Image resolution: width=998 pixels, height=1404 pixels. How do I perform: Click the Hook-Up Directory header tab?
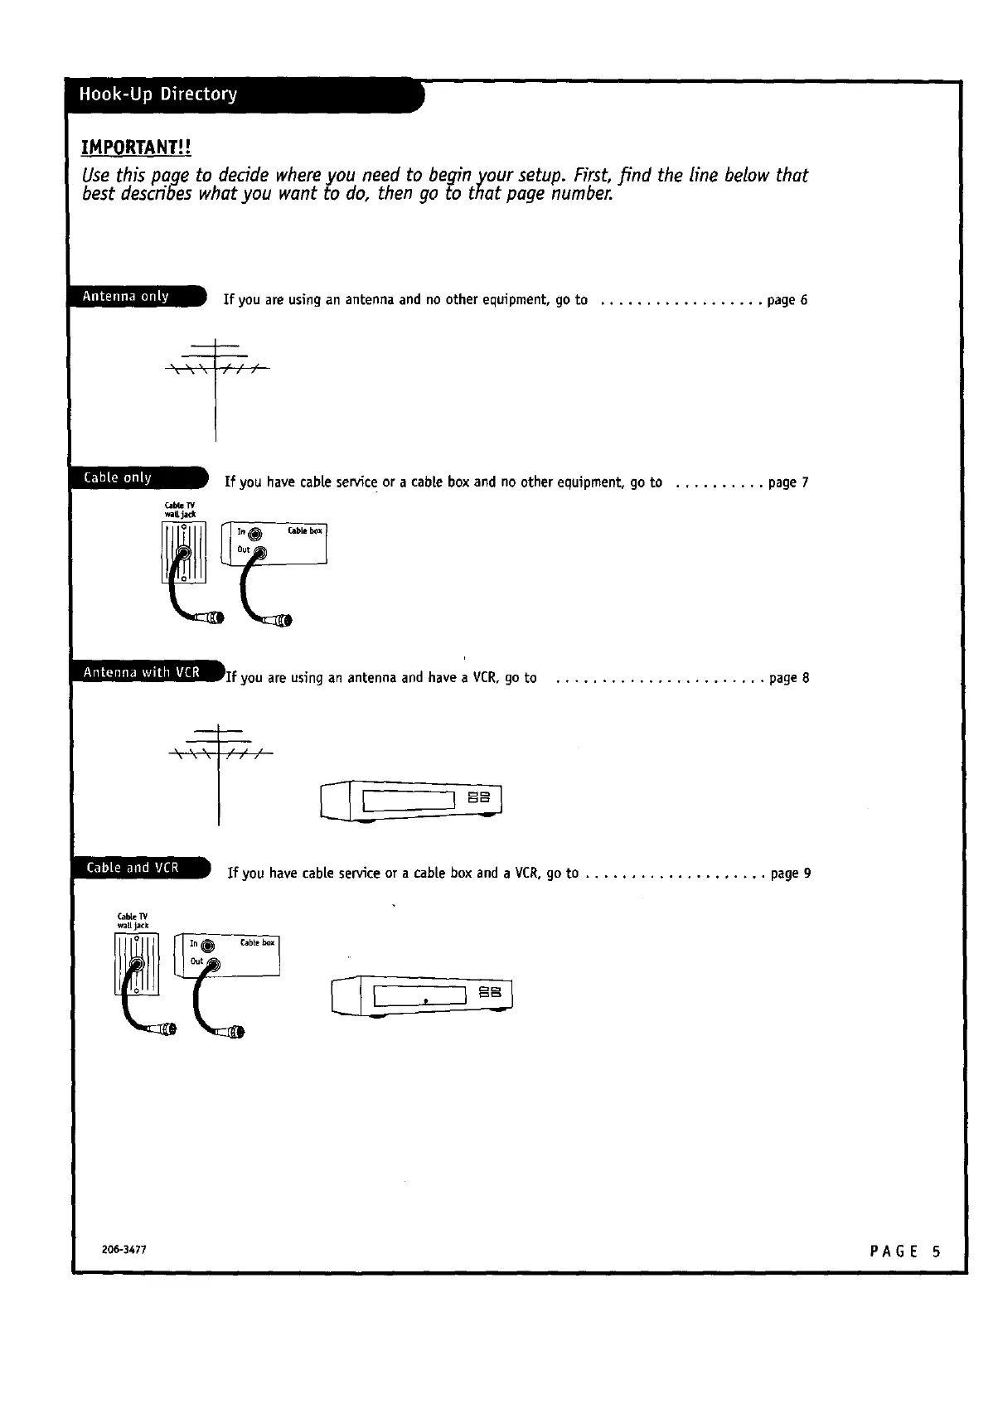point(157,94)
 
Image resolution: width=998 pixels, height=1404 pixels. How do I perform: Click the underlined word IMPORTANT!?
point(136,148)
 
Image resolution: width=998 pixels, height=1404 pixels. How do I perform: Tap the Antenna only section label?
point(126,297)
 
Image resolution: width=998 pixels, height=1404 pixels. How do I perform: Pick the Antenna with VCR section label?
point(141,672)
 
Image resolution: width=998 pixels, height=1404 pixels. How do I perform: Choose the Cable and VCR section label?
point(133,868)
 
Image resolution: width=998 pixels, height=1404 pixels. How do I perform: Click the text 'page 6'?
point(787,300)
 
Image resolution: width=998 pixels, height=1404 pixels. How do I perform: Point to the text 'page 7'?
point(787,482)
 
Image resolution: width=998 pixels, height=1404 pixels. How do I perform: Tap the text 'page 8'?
point(788,678)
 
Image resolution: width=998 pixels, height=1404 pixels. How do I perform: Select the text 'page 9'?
point(790,874)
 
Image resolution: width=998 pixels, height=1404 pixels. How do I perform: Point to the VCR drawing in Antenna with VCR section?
point(411,801)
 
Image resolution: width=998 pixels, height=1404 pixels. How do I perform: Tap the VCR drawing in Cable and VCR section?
point(422,995)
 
